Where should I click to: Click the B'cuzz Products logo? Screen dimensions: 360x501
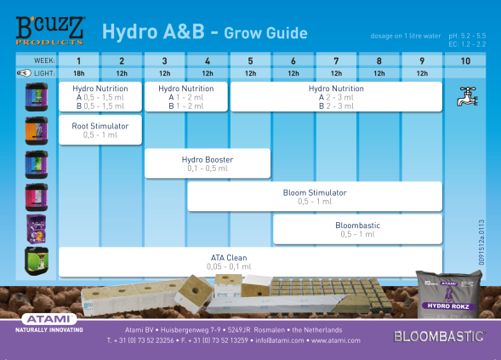[x=50, y=29]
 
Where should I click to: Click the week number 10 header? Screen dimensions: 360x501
[x=464, y=60]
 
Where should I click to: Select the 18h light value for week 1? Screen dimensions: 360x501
[x=79, y=74]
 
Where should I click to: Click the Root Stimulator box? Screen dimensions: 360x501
[x=100, y=129]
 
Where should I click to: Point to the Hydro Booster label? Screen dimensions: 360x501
[x=208, y=159]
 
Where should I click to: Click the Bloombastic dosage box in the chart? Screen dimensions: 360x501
[x=357, y=229]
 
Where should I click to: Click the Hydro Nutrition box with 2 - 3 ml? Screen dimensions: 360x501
[x=336, y=96]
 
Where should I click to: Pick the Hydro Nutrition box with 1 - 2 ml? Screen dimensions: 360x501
[x=185, y=96]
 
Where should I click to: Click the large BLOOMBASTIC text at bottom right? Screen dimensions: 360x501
[x=439, y=336]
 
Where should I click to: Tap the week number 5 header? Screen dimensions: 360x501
[x=250, y=60]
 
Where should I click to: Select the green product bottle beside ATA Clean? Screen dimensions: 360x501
[x=36, y=260]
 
